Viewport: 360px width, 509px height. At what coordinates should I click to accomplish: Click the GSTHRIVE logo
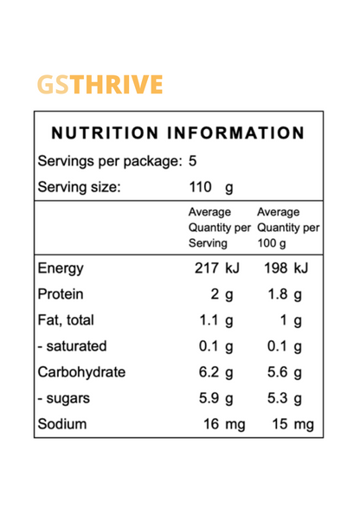pyautogui.click(x=100, y=85)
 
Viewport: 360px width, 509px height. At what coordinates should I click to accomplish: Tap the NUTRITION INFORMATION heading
pyautogui.click(x=178, y=134)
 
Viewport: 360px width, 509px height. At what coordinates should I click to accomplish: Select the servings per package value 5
pyautogui.click(x=193, y=161)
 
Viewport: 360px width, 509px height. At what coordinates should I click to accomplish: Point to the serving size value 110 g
pyautogui.click(x=211, y=187)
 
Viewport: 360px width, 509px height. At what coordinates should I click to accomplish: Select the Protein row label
pyautogui.click(x=61, y=294)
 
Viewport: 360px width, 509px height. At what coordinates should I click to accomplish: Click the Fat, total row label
pyautogui.click(x=66, y=320)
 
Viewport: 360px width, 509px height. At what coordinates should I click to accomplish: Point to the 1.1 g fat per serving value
pyautogui.click(x=216, y=321)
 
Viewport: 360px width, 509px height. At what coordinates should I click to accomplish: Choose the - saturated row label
pyautogui.click(x=73, y=346)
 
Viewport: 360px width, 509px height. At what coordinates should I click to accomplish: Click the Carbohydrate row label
pyautogui.click(x=81, y=373)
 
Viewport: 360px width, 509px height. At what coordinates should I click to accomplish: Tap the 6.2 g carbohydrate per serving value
pyautogui.click(x=216, y=373)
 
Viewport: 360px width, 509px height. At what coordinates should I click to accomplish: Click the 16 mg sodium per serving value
pyautogui.click(x=216, y=425)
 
